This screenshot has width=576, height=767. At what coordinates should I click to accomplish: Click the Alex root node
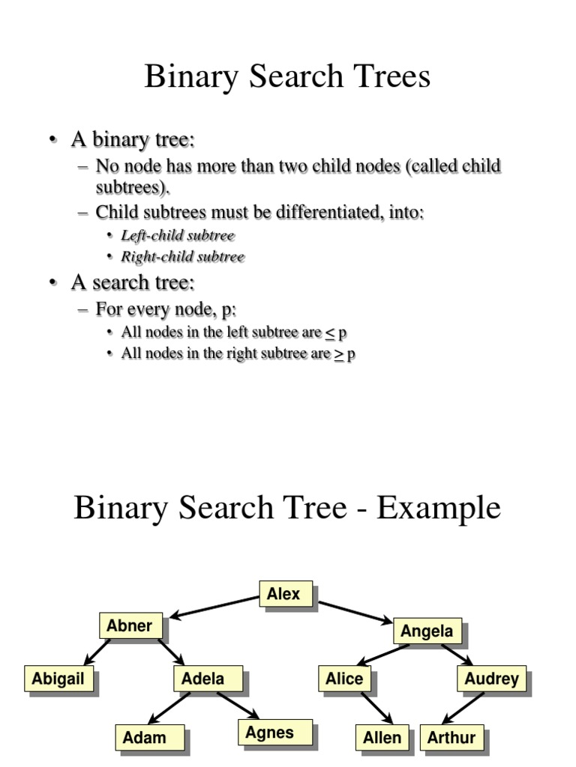click(283, 595)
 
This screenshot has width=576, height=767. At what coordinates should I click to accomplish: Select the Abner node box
click(130, 626)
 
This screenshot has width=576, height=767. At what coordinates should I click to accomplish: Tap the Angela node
click(426, 631)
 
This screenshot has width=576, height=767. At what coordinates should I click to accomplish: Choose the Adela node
click(202, 679)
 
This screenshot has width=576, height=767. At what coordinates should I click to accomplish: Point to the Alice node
click(344, 679)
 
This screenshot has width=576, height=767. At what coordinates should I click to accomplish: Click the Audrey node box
click(491, 679)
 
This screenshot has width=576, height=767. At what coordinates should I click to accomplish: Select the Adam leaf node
click(144, 738)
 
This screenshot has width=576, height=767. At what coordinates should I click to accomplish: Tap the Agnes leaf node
click(269, 733)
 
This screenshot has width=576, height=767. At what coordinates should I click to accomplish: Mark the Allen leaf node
click(382, 738)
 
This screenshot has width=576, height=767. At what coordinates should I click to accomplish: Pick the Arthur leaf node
click(451, 738)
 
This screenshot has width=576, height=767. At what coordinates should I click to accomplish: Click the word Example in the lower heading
click(439, 508)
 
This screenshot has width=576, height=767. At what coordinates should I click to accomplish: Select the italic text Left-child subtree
click(178, 236)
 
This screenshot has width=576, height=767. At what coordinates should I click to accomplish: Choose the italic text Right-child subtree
click(183, 257)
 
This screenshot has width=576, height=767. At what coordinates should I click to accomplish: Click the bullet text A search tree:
click(133, 283)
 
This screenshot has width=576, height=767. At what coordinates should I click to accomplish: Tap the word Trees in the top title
click(391, 76)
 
